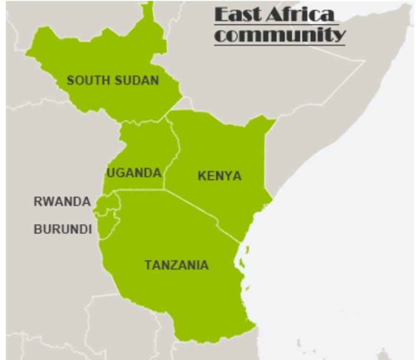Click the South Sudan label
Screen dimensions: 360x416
113,81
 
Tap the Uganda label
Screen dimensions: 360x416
134,173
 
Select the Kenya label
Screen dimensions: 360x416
219,176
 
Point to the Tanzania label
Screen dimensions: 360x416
176,265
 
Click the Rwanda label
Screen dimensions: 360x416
62,202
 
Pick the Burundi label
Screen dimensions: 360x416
62,230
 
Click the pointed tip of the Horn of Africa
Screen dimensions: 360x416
407,6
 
